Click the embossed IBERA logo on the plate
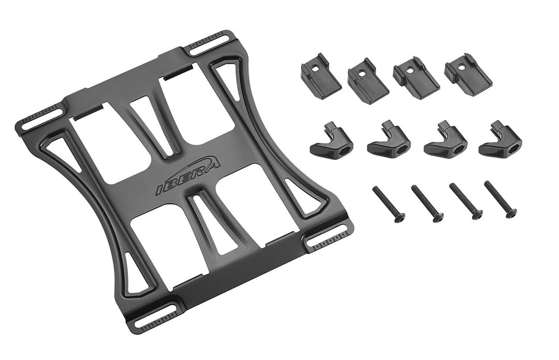coord(188,177)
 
